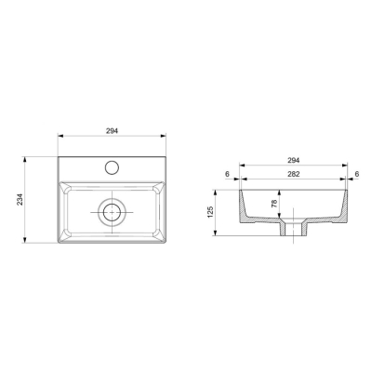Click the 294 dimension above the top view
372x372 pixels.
tap(112, 131)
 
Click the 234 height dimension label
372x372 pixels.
tap(20, 200)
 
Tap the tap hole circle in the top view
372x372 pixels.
tap(112, 167)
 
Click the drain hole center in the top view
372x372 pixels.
tap(112, 212)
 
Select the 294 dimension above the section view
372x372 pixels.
tap(293, 160)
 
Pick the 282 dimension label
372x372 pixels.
tap(293, 174)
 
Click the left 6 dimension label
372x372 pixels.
tap(227, 174)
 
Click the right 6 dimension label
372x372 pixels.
tap(357, 174)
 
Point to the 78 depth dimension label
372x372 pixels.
tap(274, 204)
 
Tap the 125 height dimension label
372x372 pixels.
tap(211, 212)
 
